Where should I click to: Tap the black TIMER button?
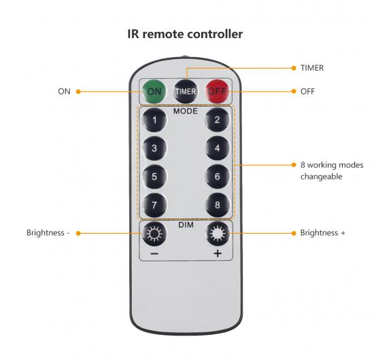[186, 92]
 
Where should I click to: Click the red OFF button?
[218, 92]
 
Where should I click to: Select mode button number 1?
[154, 120]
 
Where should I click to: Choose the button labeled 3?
[154, 148]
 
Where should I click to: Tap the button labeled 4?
[218, 148]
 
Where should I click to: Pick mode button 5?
[154, 177]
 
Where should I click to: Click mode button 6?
[218, 177]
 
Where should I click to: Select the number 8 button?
[218, 205]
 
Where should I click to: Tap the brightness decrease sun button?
[154, 234]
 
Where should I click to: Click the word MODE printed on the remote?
[186, 111]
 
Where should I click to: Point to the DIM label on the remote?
[186, 225]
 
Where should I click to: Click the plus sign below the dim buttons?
[218, 253]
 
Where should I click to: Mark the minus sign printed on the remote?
[154, 254]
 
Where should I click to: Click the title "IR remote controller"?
[185, 34]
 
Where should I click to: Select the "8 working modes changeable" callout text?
[332, 170]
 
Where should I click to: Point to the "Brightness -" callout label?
[48, 232]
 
